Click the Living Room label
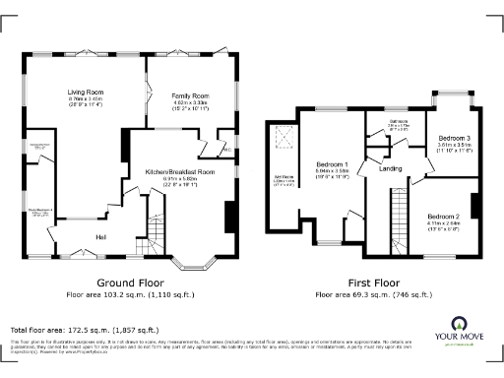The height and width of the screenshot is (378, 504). pos(87,94)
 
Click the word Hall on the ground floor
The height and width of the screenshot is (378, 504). pos(101,237)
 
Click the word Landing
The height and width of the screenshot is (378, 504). pos(392,169)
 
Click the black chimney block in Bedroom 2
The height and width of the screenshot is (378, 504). pos(473,204)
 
